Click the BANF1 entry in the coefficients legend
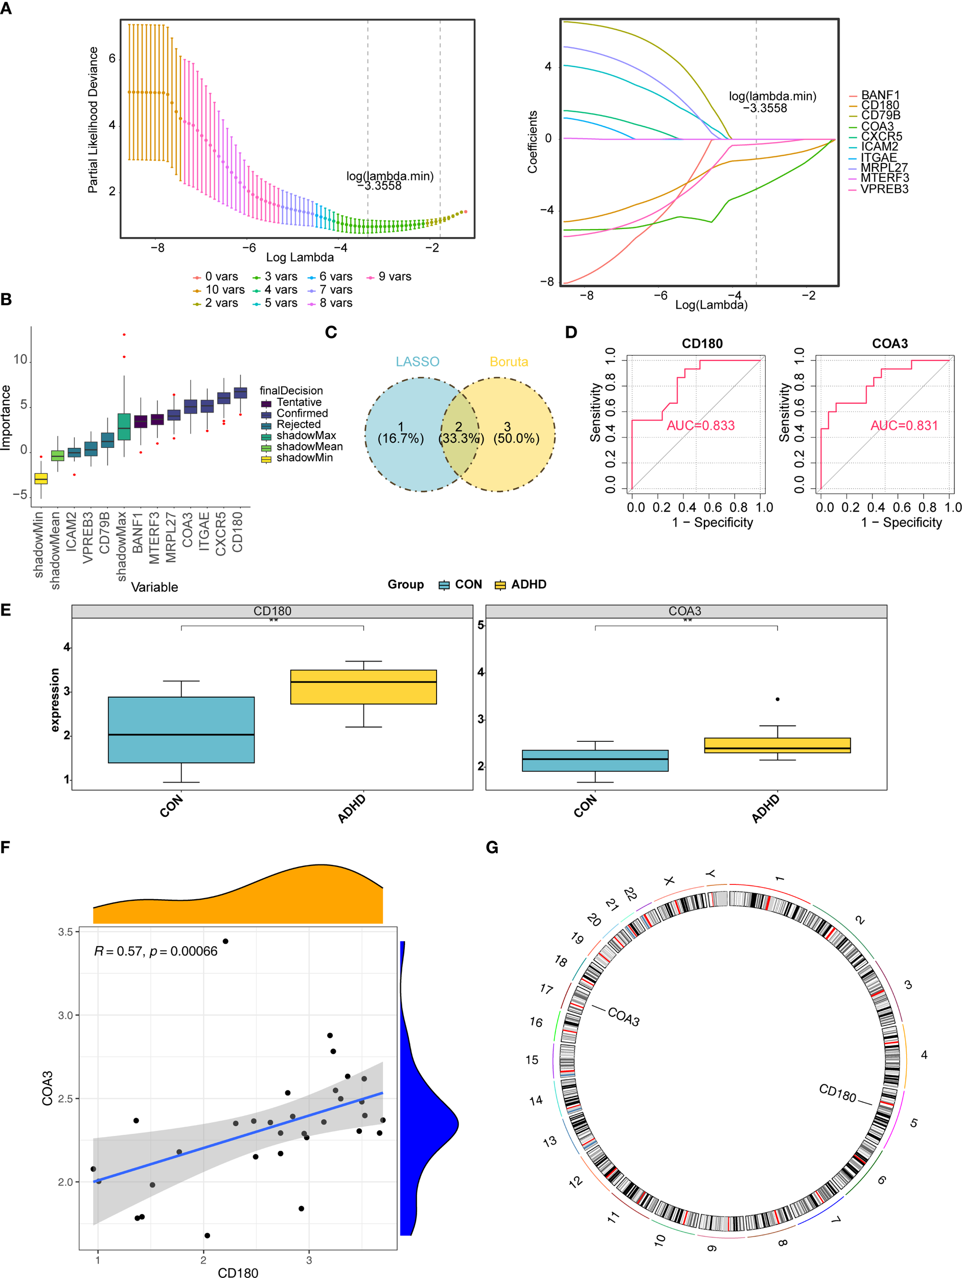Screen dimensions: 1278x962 (x=879, y=95)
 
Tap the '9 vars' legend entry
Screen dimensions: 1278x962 (x=394, y=277)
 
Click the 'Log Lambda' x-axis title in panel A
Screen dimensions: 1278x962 (x=300, y=257)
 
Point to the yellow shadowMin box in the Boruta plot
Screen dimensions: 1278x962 (x=41, y=478)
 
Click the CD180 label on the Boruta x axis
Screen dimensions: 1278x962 (x=238, y=532)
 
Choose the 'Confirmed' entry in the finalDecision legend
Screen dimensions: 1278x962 (x=301, y=413)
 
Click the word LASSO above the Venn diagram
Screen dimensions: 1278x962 (x=417, y=362)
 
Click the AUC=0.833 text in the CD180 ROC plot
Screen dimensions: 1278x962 (x=700, y=426)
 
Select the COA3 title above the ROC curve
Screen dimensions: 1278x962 (x=889, y=344)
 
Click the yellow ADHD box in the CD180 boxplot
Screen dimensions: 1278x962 (x=363, y=687)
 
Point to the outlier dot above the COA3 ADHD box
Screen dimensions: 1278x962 (x=777, y=699)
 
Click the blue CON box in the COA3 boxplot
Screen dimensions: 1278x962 (x=594, y=760)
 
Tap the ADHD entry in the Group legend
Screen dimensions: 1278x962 (x=528, y=584)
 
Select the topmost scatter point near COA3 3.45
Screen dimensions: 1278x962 (x=225, y=941)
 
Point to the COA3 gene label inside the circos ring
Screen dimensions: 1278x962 (x=624, y=1017)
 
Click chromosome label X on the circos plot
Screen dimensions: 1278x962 (x=669, y=880)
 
